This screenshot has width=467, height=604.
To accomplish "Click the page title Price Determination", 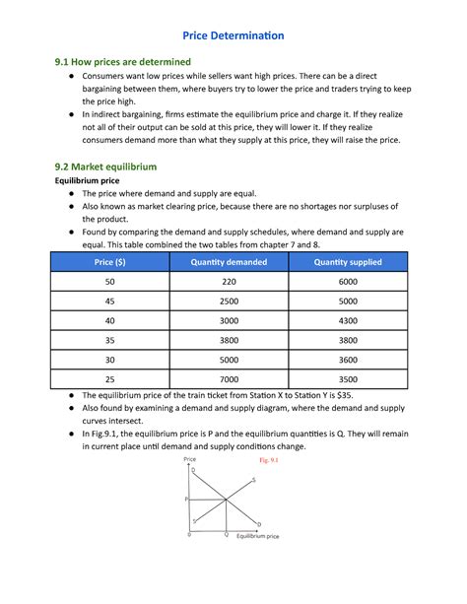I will pos(233,35).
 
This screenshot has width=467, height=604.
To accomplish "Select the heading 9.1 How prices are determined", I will pos(122,62).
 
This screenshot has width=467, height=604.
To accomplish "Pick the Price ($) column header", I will pos(109,262).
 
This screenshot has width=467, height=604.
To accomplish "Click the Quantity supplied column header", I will pos(347,262).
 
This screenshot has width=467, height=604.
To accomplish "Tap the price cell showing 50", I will pos(109,283).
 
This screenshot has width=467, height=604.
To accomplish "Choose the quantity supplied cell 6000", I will pos(347,283).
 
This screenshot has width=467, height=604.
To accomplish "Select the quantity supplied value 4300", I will pos(347,321).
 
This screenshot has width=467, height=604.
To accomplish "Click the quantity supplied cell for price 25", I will pos(347,378).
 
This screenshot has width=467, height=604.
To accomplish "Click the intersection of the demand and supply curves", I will pos(224,500).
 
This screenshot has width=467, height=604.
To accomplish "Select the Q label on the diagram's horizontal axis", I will pos(225,534).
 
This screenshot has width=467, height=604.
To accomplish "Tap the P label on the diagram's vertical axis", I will pos(186,500).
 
